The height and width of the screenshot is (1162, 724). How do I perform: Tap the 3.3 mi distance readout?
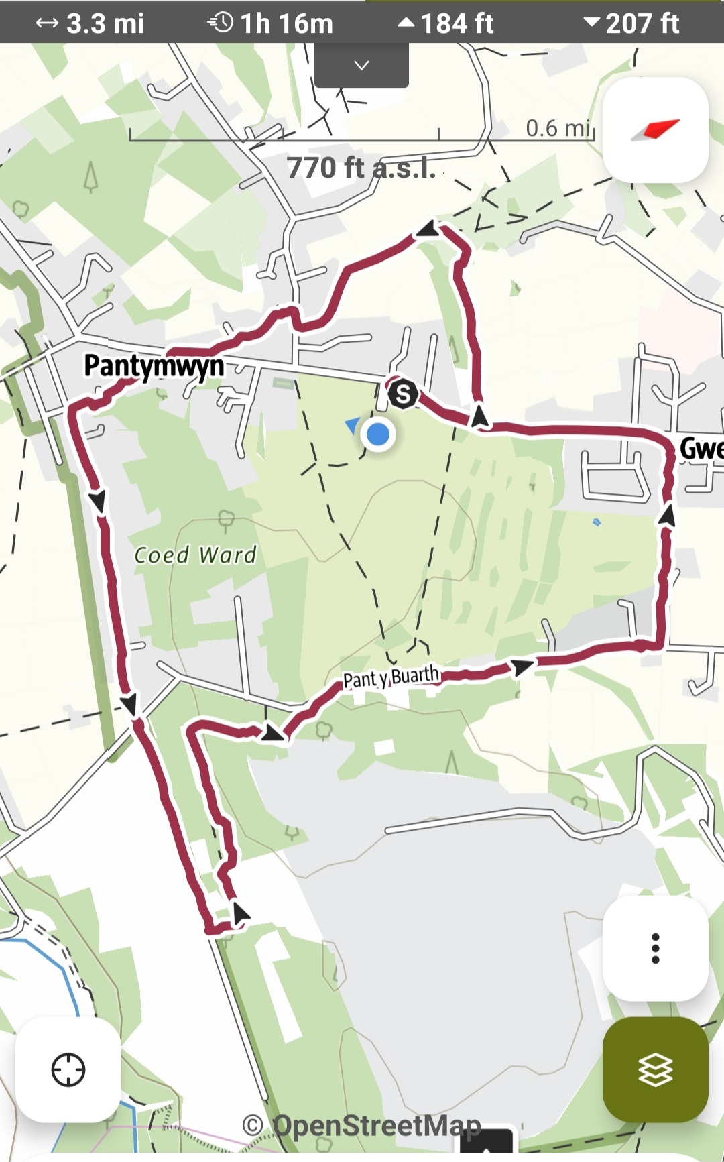(90, 23)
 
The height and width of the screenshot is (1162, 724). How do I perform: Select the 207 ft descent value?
(631, 23)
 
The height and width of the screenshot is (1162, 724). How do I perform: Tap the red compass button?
(655, 130)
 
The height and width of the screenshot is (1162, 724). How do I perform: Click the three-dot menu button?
(655, 948)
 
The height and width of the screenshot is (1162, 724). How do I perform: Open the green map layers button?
(655, 1069)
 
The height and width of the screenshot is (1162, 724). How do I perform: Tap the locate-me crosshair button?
(68, 1069)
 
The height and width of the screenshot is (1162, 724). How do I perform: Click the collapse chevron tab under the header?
(361, 66)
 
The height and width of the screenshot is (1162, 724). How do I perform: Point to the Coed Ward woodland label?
(195, 555)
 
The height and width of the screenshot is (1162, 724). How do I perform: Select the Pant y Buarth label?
(391, 677)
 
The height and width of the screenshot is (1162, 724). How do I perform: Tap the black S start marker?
(403, 394)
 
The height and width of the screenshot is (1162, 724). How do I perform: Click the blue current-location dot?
(378, 434)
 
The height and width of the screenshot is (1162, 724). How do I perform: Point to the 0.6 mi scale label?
(558, 128)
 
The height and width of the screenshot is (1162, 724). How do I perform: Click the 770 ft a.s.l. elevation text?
(361, 168)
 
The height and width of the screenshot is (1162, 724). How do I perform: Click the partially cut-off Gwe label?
(701, 448)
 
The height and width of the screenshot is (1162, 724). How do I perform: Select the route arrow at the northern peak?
(428, 231)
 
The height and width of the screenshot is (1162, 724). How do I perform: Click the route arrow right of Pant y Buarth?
(522, 666)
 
